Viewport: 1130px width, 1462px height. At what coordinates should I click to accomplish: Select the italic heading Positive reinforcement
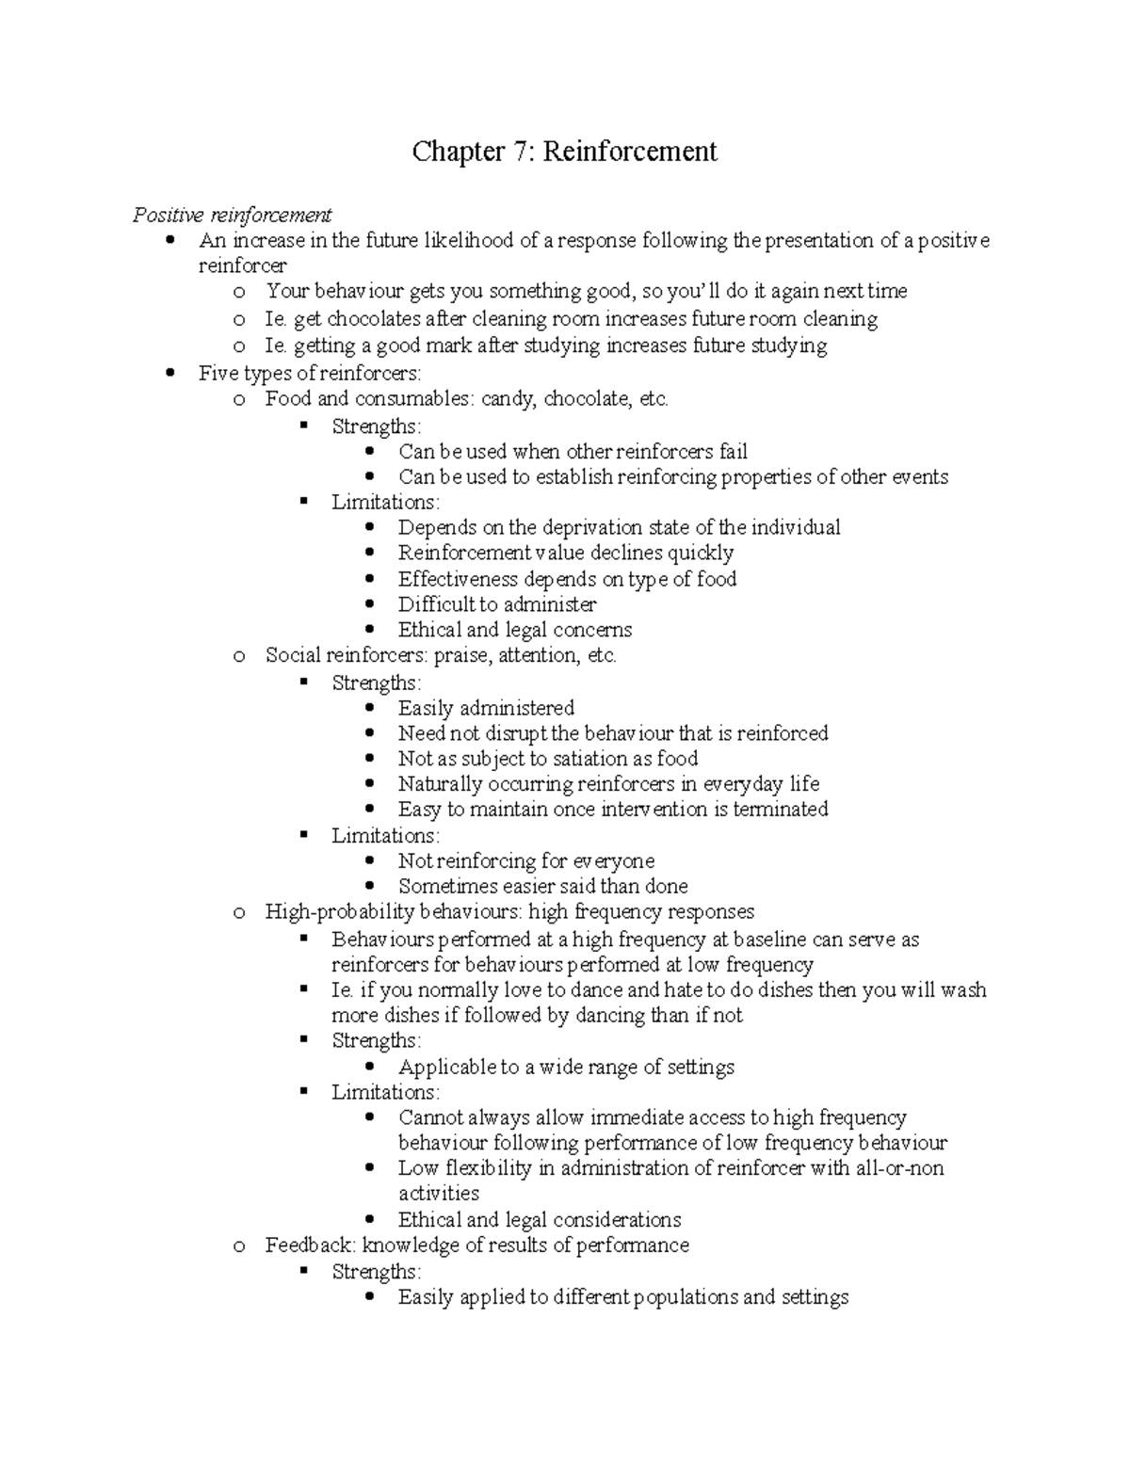232,216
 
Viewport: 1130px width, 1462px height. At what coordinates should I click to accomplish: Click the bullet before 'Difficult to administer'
369,604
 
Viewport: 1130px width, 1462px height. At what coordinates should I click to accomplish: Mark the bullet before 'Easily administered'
369,708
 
